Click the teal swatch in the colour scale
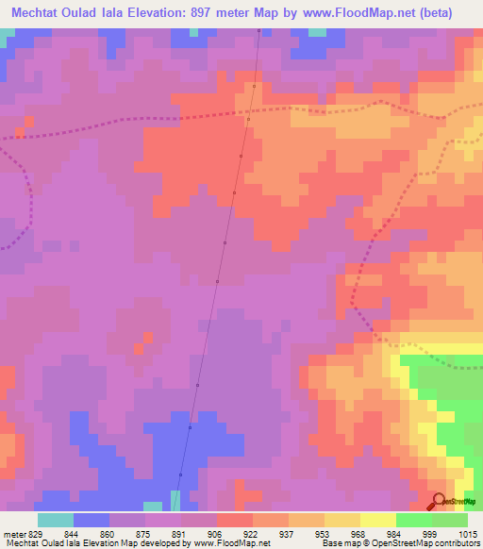click(55, 520)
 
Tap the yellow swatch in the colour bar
click(378, 520)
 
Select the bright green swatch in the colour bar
click(414, 520)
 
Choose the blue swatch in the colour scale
click(91, 520)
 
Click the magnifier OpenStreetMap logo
click(440, 500)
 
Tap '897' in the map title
click(216, 12)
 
